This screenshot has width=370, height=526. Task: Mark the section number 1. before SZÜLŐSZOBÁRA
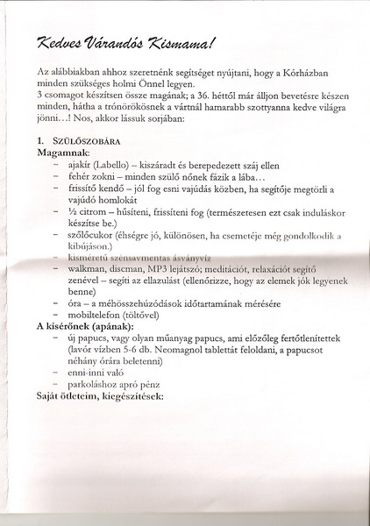tap(40, 140)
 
